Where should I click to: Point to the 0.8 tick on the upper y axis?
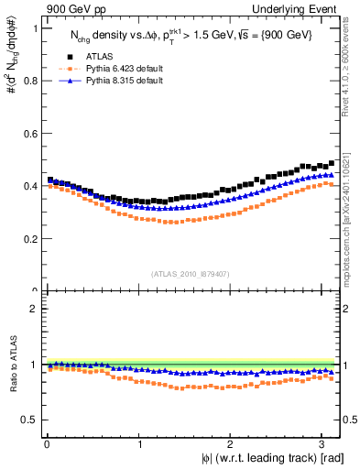point(27,81)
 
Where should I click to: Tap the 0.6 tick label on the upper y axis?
point(27,134)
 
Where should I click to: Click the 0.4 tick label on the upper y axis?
point(27,186)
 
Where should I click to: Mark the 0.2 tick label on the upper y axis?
point(27,239)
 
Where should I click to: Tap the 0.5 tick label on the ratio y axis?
point(27,420)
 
